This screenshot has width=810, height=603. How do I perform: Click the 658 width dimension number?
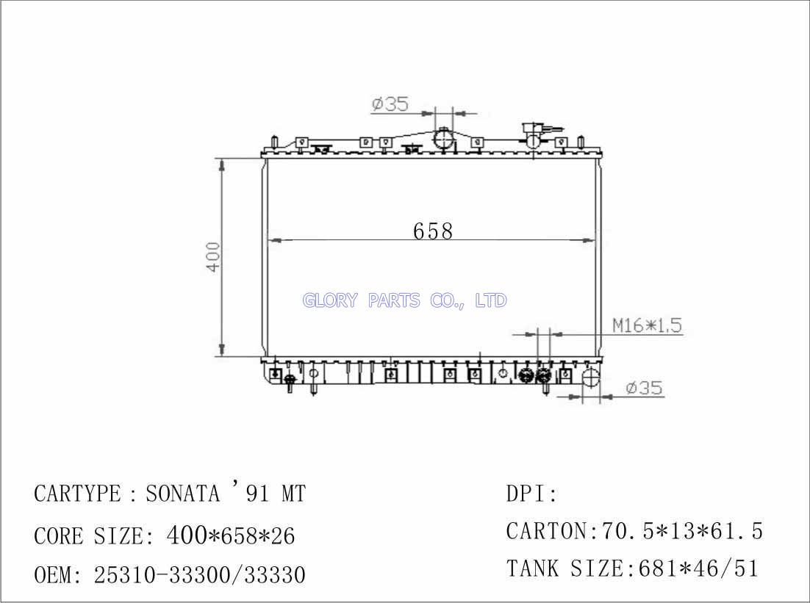click(433, 231)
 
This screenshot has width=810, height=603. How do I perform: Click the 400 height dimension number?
click(213, 256)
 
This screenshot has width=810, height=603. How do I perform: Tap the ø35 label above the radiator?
click(390, 104)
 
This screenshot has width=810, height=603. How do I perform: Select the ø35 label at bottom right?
click(644, 388)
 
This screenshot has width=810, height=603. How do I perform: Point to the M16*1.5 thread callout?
click(648, 325)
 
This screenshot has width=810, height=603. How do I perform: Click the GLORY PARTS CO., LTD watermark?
click(404, 300)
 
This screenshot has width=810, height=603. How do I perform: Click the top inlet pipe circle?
click(443, 138)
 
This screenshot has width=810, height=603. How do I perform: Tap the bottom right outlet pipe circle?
click(592, 378)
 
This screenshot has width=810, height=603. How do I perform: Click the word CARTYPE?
click(77, 494)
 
